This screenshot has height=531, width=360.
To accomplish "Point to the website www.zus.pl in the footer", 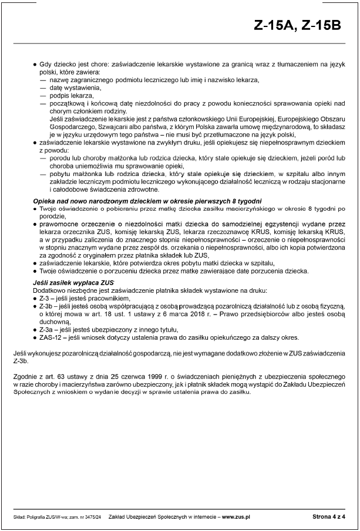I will coord(236,516).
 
